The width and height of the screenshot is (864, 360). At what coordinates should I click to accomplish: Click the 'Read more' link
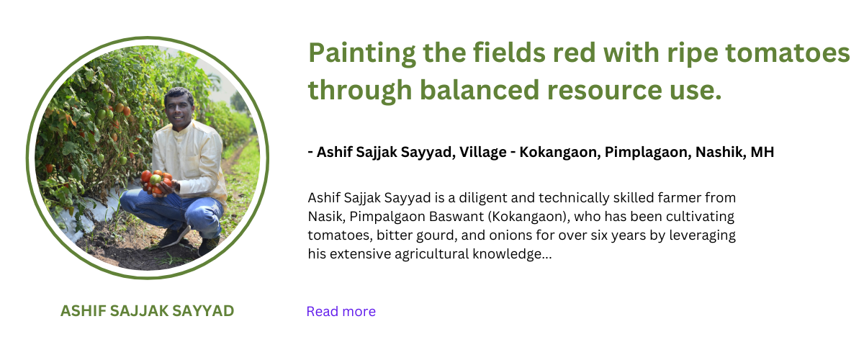[x=341, y=311]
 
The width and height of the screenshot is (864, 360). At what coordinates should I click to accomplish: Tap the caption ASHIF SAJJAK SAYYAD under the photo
[x=148, y=311]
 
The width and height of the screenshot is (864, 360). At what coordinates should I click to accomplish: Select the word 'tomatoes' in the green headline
[x=788, y=53]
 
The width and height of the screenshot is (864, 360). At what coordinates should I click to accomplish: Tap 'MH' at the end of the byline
[x=762, y=152]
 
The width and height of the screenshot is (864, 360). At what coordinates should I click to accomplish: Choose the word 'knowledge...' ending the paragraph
[x=512, y=254]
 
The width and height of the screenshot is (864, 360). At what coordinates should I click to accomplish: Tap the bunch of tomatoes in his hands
[x=156, y=181]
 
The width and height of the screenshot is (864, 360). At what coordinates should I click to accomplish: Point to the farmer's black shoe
[x=174, y=237]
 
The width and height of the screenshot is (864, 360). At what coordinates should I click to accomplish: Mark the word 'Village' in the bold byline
[x=483, y=153]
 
